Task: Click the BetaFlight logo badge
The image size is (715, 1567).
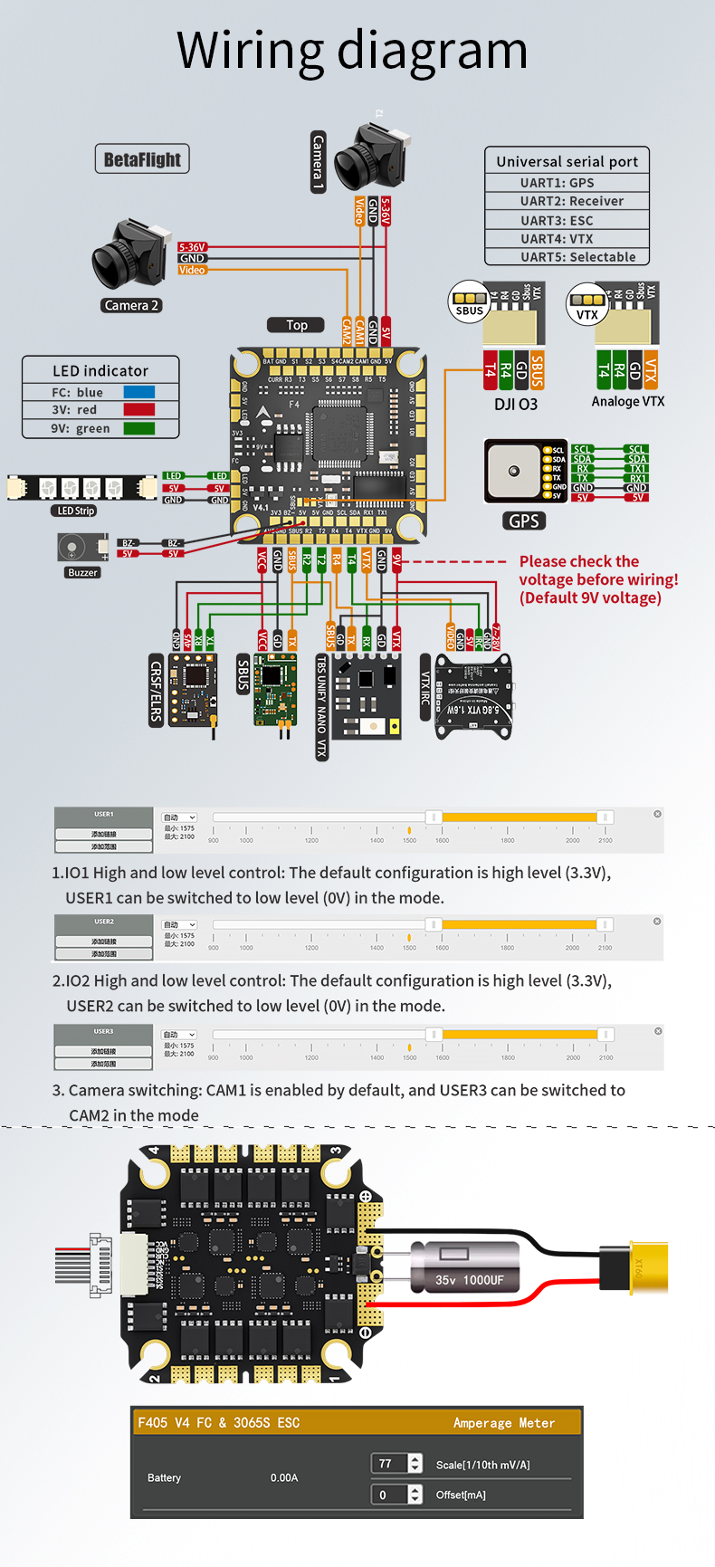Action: coord(142,159)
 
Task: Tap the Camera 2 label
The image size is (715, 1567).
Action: coord(131,305)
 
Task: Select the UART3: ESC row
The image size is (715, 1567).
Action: coord(557,220)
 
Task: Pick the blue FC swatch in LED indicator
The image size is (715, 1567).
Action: coord(138,392)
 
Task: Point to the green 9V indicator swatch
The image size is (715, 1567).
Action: coord(138,428)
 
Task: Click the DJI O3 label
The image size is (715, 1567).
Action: coord(516,404)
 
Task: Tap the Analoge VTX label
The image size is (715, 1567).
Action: coord(628,401)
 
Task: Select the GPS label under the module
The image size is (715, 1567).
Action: coord(523,521)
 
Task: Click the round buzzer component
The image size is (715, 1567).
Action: coord(71,548)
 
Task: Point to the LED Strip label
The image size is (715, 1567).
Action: coord(76,511)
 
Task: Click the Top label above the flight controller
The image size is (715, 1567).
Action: coord(296,325)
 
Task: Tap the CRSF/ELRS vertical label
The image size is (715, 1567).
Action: coord(156,690)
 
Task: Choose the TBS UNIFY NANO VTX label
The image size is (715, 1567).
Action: coord(321,706)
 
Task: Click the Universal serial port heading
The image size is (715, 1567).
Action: coord(567,161)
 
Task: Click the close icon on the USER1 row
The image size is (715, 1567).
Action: coord(657,814)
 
